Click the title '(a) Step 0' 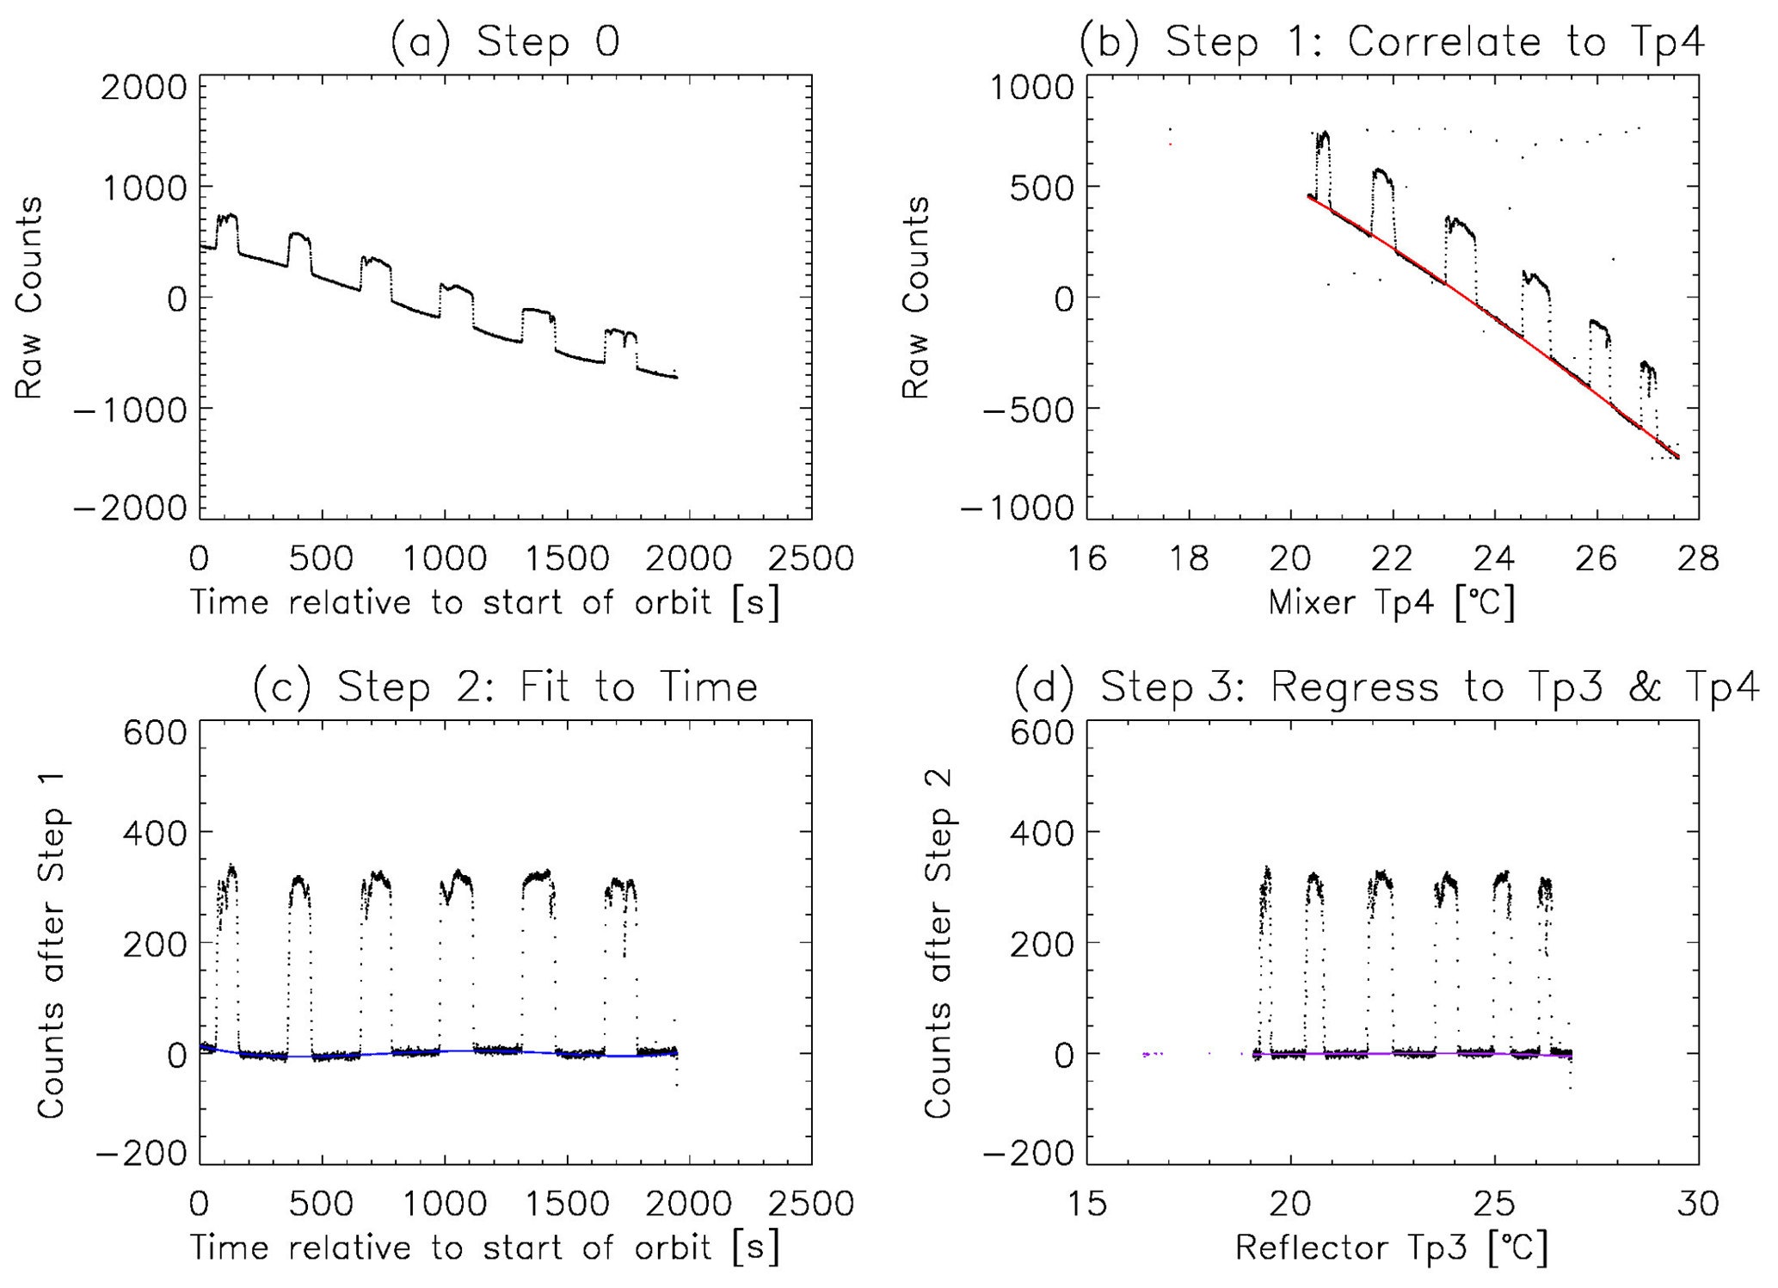[505, 41]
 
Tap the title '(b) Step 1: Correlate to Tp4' [1392, 41]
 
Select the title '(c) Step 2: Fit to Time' [505, 687]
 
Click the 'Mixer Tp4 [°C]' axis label [1391, 602]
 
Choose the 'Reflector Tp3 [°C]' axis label [1391, 1248]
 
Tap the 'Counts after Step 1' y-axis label [52, 945]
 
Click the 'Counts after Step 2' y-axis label [938, 945]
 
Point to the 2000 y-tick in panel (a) [144, 88]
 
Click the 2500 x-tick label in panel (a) [811, 558]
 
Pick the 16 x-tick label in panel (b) [1087, 558]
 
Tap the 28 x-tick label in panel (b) [1698, 558]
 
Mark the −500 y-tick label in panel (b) [1017, 410]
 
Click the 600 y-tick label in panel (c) [155, 733]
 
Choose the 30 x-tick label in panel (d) [1698, 1203]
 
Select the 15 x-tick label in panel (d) [1087, 1203]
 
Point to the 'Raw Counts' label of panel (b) [915, 298]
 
